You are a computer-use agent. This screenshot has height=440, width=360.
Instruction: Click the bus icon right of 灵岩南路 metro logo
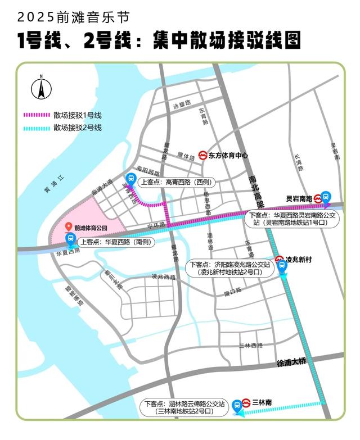(328, 197)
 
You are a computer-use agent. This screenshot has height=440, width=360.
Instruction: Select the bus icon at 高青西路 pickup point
(130, 179)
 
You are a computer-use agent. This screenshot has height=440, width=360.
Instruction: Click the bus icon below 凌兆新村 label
(282, 268)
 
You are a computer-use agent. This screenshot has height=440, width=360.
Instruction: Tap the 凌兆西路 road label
(164, 276)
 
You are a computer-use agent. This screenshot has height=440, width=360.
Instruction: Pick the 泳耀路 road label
(182, 105)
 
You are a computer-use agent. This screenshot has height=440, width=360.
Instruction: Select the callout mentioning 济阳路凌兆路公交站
(229, 267)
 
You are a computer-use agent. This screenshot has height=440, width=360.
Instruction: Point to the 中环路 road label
(155, 225)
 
